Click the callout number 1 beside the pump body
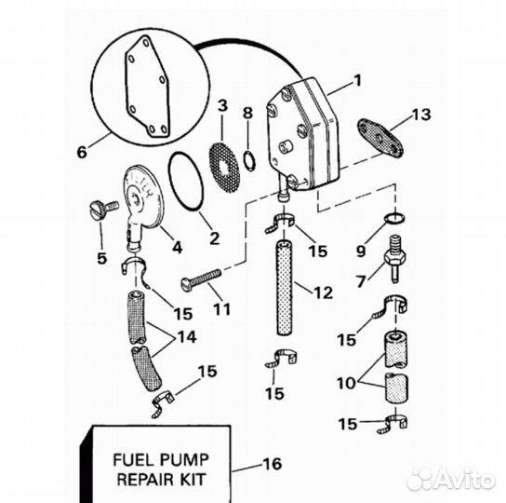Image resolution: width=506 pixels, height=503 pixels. [357, 80]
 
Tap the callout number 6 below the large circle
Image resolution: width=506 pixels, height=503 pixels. [82, 152]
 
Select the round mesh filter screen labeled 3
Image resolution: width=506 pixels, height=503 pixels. [224, 167]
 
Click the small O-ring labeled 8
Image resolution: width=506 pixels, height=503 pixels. [249, 160]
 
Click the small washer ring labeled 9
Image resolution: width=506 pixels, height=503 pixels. [395, 218]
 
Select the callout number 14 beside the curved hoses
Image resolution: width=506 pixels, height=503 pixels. [187, 337]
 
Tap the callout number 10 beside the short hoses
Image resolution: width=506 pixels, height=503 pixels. [346, 384]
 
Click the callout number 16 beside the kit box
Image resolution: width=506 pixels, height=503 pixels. [273, 464]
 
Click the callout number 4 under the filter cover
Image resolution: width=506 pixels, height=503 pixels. [177, 247]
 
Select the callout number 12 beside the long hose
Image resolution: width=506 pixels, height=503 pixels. [323, 292]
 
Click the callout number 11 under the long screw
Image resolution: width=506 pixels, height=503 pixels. [222, 309]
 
